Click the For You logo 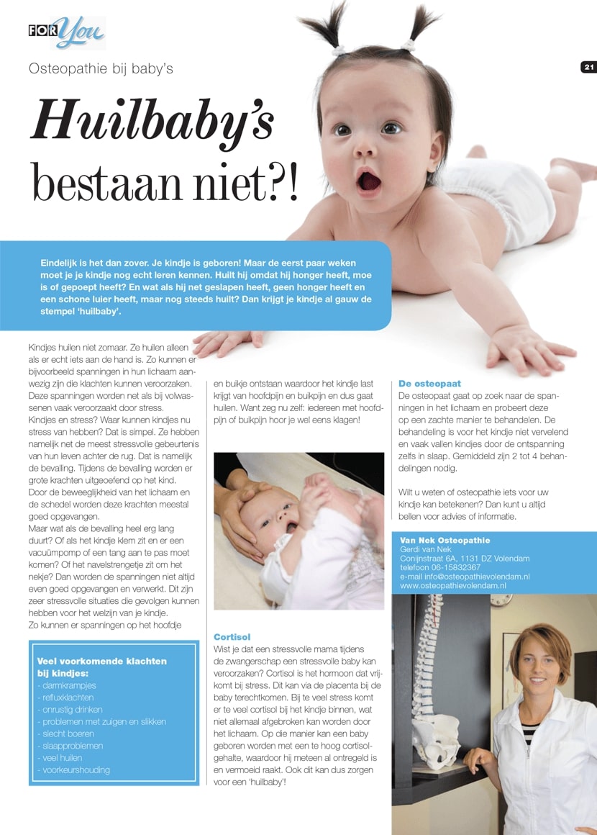pyautogui.click(x=66, y=32)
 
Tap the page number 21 pyautogui.click(x=588, y=67)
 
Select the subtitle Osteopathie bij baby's pyautogui.click(x=101, y=69)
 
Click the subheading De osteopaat pyautogui.click(x=429, y=384)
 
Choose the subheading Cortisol pyautogui.click(x=232, y=637)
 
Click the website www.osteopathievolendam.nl pyautogui.click(x=453, y=586)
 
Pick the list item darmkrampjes pyautogui.click(x=65, y=685)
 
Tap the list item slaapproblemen pyautogui.click(x=70, y=746)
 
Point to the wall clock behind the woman pyautogui.click(x=502, y=599)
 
